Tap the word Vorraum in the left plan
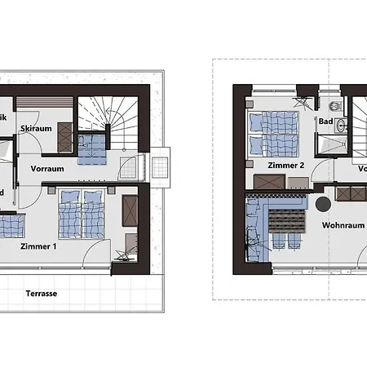[47, 169]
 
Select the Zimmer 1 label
[38, 245]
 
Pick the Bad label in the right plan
[325, 123]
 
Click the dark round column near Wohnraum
[324, 204]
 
